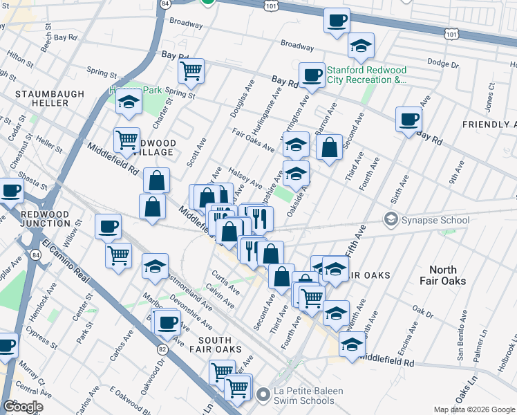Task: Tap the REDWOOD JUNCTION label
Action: pos(41,219)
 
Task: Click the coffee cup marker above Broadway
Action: pos(337,21)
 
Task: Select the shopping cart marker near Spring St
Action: pos(191,70)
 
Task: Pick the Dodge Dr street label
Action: pos(438,62)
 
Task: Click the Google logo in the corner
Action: pos(23,406)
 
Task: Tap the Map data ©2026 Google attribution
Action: pos(475,409)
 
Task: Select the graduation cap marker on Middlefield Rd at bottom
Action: pos(351,344)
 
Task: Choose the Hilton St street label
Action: pos(19,62)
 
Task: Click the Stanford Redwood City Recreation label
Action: pos(366,75)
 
